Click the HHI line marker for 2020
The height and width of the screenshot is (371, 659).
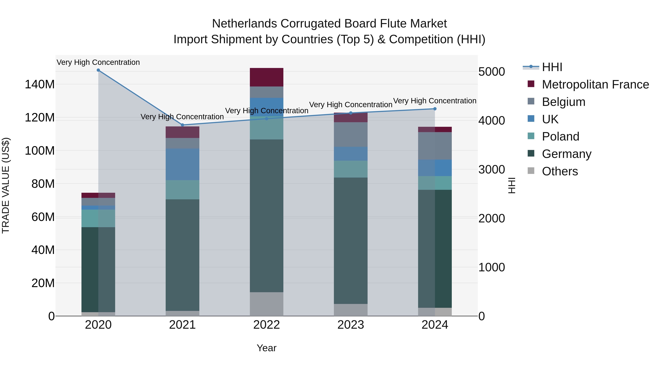[x=98, y=70]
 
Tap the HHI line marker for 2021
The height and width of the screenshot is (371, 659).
[x=182, y=125]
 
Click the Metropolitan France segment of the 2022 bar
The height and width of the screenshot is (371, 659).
[x=267, y=77]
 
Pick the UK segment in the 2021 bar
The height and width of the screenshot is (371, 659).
[x=182, y=164]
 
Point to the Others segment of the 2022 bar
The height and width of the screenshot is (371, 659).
[x=267, y=304]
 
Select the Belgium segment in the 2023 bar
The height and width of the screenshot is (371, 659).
[x=351, y=134]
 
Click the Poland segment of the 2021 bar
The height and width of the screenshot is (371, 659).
[x=182, y=190]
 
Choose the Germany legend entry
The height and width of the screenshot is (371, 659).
[x=566, y=154]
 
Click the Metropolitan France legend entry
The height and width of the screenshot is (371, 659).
[x=595, y=84]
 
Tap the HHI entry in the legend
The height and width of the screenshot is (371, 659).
[x=552, y=67]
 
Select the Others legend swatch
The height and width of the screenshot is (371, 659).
[x=531, y=171]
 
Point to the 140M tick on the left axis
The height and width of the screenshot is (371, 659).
[x=40, y=84]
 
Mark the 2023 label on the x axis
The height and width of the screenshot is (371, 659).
[x=351, y=325]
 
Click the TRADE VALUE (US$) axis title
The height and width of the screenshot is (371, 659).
[x=6, y=185]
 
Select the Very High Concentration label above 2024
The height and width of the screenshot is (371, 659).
[x=435, y=101]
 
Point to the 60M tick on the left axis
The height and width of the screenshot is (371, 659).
[x=43, y=217]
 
